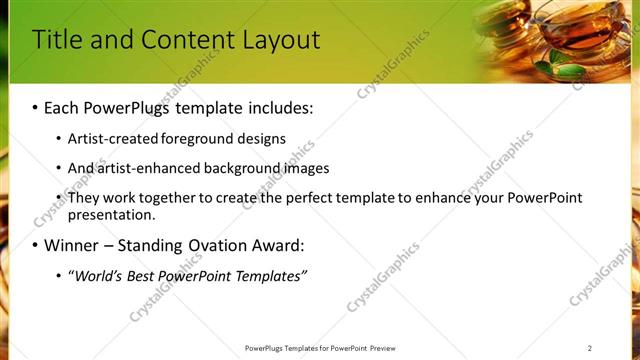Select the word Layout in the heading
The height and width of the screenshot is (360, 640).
tap(283, 40)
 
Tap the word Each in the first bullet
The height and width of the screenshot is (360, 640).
tap(65, 107)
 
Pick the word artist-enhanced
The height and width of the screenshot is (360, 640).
tap(140, 168)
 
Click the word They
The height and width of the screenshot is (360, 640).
tap(83, 198)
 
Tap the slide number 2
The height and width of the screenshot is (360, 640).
tap(590, 348)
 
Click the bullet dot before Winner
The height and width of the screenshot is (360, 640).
tap(35, 246)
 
